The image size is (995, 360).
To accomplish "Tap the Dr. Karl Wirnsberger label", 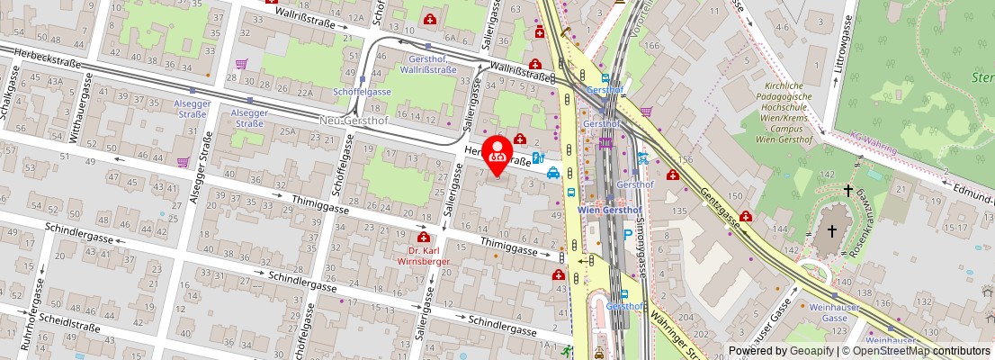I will [422, 256].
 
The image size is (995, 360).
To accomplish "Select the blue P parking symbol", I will [628, 235].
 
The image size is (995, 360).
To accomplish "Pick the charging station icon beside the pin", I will [537, 157].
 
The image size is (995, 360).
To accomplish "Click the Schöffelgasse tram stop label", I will [362, 92].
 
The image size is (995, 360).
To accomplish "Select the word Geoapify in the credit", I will [811, 351].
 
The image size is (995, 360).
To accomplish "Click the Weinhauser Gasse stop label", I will [835, 312].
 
